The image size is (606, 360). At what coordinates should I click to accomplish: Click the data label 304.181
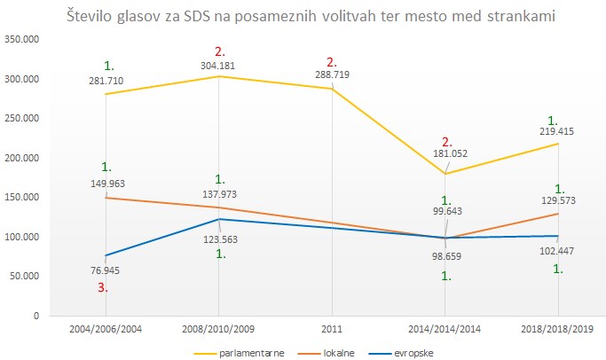point(220,65)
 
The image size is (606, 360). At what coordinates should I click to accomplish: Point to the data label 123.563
point(220,239)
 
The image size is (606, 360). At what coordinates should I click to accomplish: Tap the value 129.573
point(560,202)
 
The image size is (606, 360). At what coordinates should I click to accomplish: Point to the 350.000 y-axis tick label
point(22,39)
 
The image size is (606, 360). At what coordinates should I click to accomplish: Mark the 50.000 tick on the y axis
point(25,276)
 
